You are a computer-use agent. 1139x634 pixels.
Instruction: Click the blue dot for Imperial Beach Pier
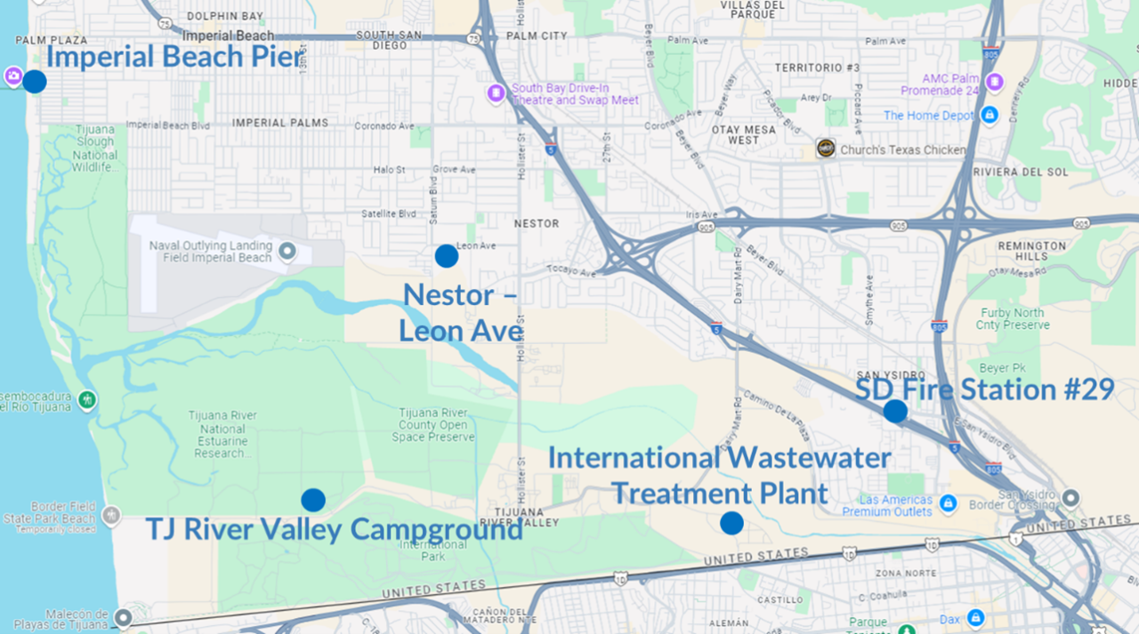[x=34, y=82]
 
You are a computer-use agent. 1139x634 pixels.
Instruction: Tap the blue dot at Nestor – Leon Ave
[x=446, y=256]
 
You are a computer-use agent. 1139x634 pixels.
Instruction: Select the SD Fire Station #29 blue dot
[x=895, y=411]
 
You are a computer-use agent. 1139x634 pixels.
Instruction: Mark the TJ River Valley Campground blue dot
[x=313, y=500]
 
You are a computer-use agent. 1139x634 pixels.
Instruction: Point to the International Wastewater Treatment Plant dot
[x=731, y=523]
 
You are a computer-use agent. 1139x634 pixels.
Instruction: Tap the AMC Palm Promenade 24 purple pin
[x=994, y=84]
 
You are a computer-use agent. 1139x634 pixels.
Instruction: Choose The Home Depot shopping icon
[x=989, y=115]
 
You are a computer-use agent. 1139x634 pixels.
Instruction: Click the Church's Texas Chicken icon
[x=826, y=148]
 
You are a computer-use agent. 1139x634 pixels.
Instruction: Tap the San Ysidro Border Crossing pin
[x=1070, y=497]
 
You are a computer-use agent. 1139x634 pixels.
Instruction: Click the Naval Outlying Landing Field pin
[x=287, y=252]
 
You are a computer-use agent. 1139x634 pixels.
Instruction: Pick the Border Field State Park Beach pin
[x=110, y=514]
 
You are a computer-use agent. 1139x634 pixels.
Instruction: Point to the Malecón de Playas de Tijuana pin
[x=123, y=615]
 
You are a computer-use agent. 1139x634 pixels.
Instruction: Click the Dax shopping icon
[x=976, y=617]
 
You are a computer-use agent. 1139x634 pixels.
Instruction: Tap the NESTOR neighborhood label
[x=537, y=223]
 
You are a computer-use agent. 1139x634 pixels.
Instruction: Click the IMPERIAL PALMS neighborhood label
[x=280, y=123]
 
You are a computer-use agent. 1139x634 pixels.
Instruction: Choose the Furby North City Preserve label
[x=1012, y=318]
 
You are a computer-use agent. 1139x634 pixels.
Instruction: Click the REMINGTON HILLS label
[x=1031, y=251]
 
